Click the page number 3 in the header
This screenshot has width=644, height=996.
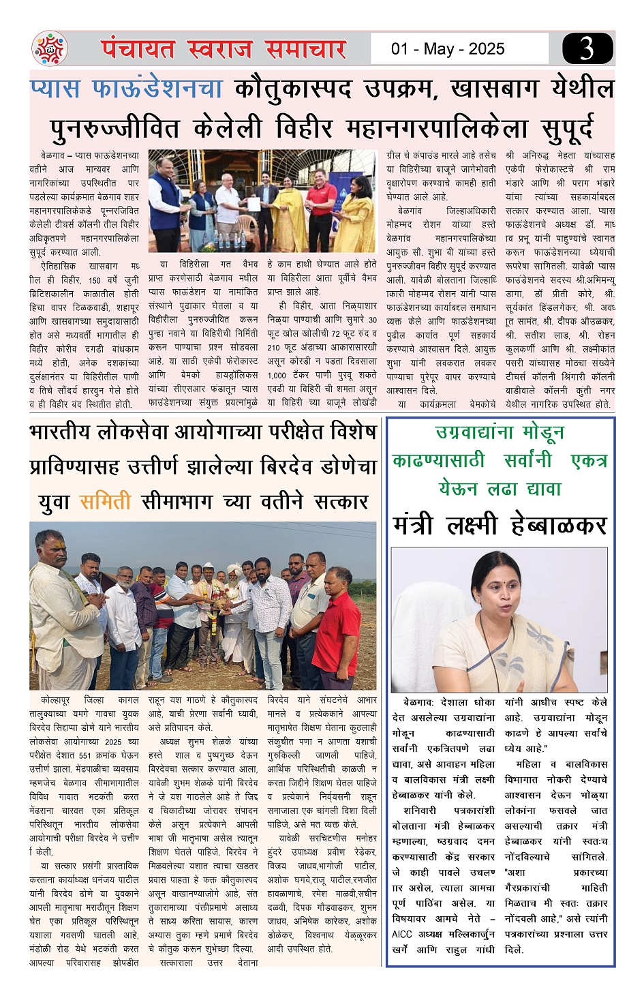587,48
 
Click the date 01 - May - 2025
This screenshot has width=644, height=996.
448,49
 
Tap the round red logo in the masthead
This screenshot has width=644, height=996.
50,49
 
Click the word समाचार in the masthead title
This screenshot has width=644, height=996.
305,49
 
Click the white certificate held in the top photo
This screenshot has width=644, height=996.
253,204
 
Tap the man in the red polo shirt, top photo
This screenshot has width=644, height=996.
320,205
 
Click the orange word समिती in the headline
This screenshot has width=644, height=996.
105,502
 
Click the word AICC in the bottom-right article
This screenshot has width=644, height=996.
402,934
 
